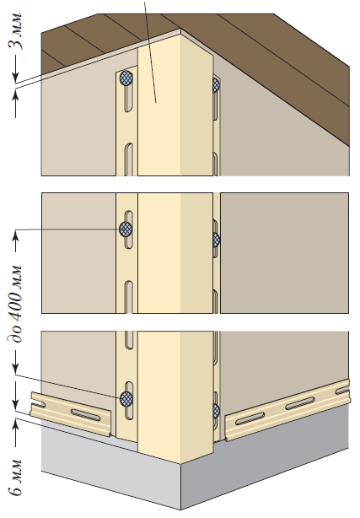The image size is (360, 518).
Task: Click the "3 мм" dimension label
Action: click(15, 32)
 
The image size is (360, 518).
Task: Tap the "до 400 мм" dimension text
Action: click(15, 304)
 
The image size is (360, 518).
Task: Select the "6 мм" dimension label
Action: click(15, 477)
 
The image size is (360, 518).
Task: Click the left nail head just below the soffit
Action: click(126, 78)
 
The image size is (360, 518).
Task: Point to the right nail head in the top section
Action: click(216, 85)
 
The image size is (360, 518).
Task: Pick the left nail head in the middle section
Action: click(126, 229)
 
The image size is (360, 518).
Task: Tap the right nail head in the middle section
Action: click(217, 240)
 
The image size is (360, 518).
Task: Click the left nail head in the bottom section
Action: click(126, 399)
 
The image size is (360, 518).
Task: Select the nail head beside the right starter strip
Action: click(217, 411)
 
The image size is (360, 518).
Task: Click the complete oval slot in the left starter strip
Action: click(85, 414)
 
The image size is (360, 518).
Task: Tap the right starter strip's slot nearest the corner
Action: click(250, 418)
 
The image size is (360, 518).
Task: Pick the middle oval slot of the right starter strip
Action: click(300, 403)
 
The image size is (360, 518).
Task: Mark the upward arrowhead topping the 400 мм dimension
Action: click(15, 235)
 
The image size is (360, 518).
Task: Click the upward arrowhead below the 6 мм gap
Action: click(15, 424)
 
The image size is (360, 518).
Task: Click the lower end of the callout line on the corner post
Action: click(156, 102)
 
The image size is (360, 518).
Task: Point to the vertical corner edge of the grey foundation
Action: click(181, 487)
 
